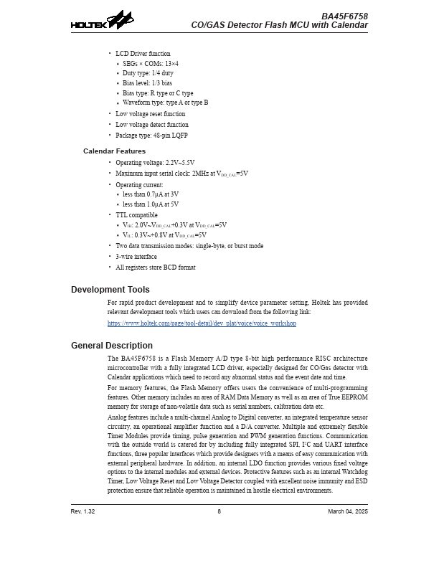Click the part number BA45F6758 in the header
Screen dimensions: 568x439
(344, 16)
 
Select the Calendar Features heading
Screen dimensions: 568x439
(114, 151)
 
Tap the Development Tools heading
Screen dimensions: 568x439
(110, 290)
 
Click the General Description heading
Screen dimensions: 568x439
(111, 346)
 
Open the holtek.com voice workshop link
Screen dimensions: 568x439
(202, 323)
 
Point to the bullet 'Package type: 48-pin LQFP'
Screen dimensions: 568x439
(151, 135)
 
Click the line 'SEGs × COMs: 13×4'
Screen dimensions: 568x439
(151, 63)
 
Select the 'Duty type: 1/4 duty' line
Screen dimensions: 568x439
(148, 73)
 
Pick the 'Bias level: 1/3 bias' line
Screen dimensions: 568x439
(147, 83)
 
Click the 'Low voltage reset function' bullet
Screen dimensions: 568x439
(150, 113)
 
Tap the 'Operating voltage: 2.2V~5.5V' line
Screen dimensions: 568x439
(155, 163)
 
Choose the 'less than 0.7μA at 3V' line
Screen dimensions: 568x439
(151, 194)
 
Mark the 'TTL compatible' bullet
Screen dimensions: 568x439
(136, 214)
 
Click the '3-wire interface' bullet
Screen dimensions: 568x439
(136, 256)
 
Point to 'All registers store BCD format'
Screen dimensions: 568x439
(155, 267)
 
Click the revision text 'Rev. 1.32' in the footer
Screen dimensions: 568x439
(82, 511)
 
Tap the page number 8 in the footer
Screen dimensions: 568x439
(219, 511)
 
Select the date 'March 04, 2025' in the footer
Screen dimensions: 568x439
(348, 511)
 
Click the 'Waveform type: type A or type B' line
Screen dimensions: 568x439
(165, 103)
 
